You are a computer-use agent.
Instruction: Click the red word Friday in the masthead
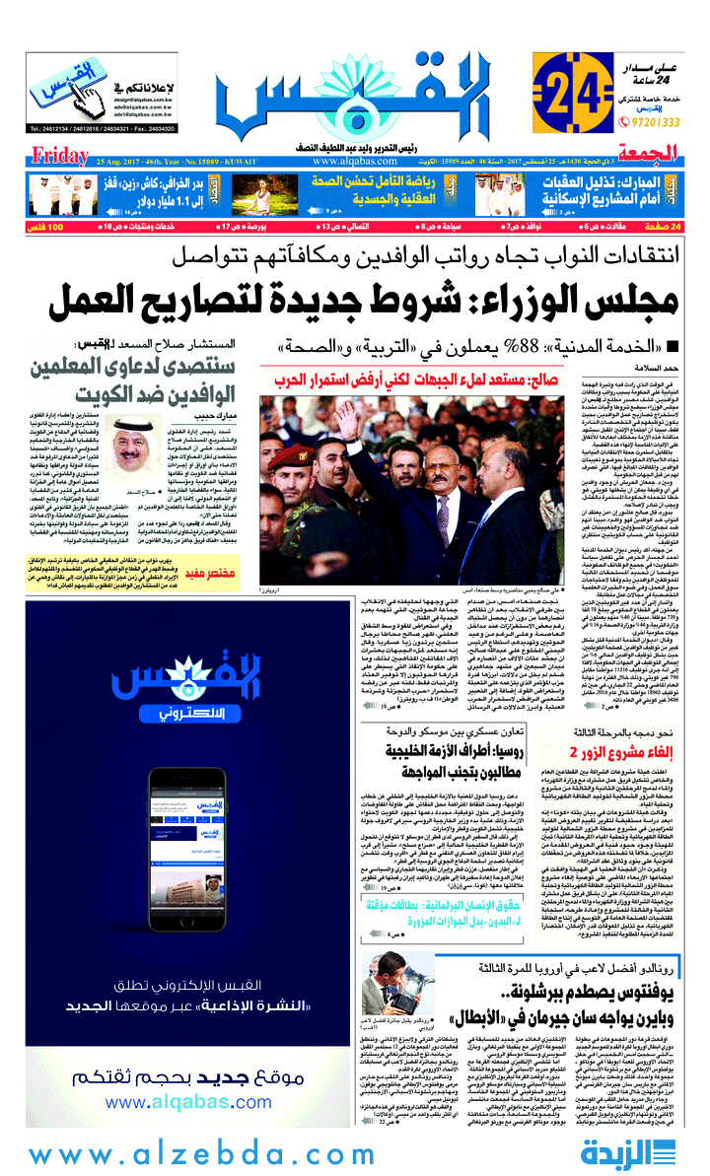60,155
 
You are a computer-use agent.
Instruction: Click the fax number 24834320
148,127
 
